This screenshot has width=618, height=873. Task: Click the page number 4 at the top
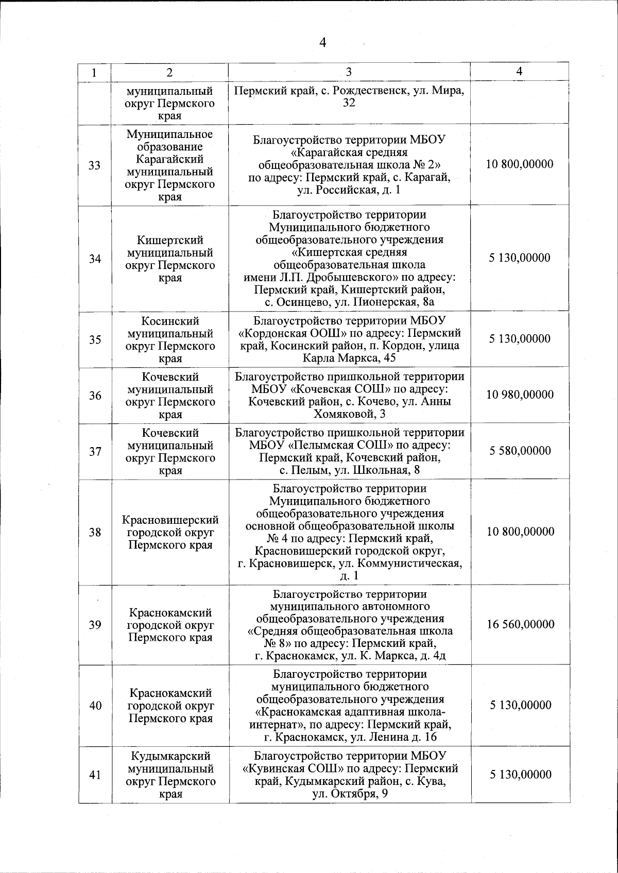(323, 42)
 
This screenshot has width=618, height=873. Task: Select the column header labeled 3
(349, 72)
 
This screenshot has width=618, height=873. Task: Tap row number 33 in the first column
(95, 166)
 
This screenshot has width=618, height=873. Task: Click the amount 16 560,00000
(521, 624)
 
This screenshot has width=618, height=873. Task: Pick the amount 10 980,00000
(520, 395)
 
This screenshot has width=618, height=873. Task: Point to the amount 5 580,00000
(520, 451)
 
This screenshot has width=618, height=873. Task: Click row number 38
(95, 533)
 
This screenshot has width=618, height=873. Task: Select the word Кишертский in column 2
(170, 241)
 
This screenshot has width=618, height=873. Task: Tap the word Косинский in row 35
(170, 321)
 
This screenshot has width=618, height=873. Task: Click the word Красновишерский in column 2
(170, 520)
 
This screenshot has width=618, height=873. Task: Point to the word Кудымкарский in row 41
(170, 756)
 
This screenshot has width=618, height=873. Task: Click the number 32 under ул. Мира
(349, 103)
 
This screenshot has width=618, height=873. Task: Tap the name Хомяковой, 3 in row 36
(350, 414)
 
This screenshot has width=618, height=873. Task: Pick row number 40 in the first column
(95, 706)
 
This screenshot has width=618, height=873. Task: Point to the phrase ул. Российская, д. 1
(349, 190)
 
